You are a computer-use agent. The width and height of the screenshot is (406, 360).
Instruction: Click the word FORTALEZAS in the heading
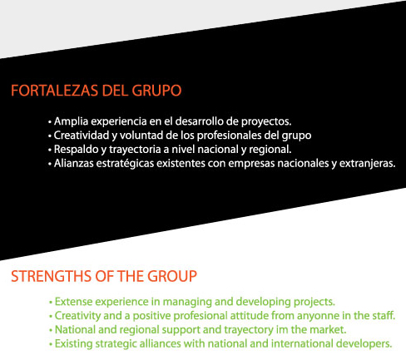tap(55, 91)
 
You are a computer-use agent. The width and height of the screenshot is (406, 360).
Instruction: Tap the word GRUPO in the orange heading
tap(156, 91)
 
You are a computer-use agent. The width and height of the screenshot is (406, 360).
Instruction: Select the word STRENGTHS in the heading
tap(52, 276)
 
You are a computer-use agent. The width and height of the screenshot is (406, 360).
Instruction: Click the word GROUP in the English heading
tap(172, 276)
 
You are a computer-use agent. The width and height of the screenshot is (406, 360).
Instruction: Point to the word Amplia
tap(71, 121)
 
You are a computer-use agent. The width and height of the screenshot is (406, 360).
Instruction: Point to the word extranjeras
tap(368, 164)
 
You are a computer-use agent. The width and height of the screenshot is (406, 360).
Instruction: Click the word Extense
tap(73, 302)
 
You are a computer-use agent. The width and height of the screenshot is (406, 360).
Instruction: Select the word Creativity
tap(77, 316)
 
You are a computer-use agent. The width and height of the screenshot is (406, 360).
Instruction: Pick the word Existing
tap(73, 344)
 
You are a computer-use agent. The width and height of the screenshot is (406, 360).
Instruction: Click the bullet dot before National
tap(51, 331)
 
